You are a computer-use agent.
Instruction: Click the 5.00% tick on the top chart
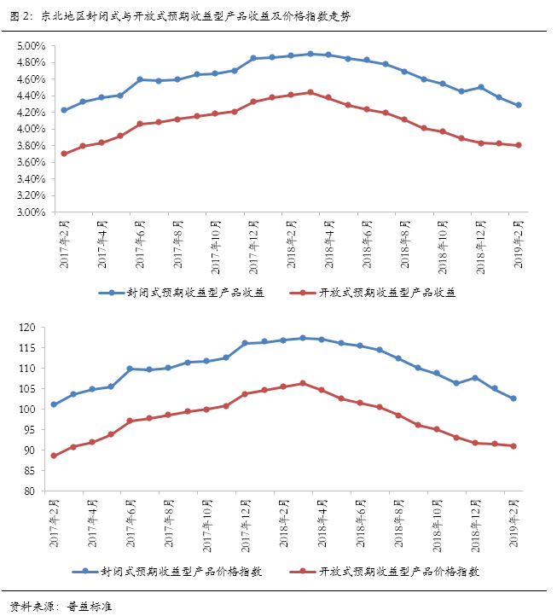pyautogui.click(x=30, y=46)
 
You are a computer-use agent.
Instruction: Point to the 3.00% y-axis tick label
pyautogui.click(x=30, y=212)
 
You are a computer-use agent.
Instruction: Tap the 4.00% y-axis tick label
pyautogui.click(x=30, y=129)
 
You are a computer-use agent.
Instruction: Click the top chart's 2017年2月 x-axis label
pyautogui.click(x=64, y=247)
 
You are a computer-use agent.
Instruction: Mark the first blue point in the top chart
pyautogui.click(x=64, y=110)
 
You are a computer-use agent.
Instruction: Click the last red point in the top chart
pyautogui.click(x=518, y=145)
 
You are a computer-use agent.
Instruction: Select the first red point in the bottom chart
pyautogui.click(x=54, y=456)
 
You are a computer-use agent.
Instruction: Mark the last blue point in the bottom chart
pyautogui.click(x=513, y=398)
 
